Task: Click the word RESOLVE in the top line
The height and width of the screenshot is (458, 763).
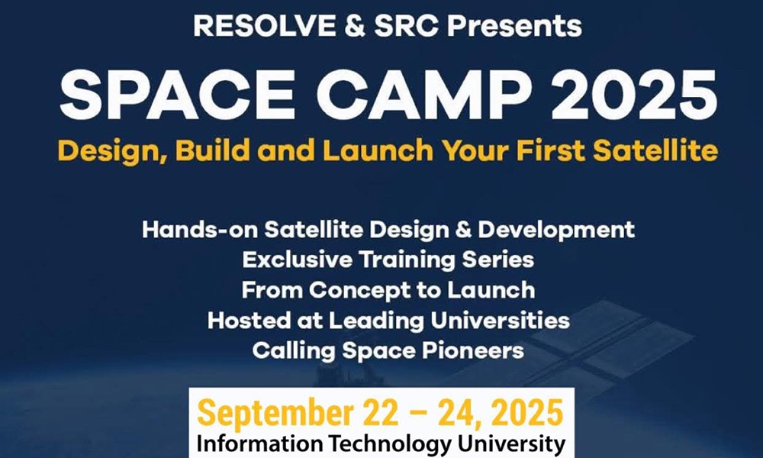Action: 264,26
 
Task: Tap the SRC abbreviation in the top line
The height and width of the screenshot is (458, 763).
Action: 407,26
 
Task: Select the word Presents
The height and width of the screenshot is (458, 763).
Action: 514,26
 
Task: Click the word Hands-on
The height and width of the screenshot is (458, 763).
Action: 199,230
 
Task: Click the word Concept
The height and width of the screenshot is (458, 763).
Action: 359,291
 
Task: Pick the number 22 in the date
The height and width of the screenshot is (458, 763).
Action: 379,413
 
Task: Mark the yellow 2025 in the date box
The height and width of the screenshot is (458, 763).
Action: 527,413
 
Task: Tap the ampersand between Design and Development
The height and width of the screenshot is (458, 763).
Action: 464,230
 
